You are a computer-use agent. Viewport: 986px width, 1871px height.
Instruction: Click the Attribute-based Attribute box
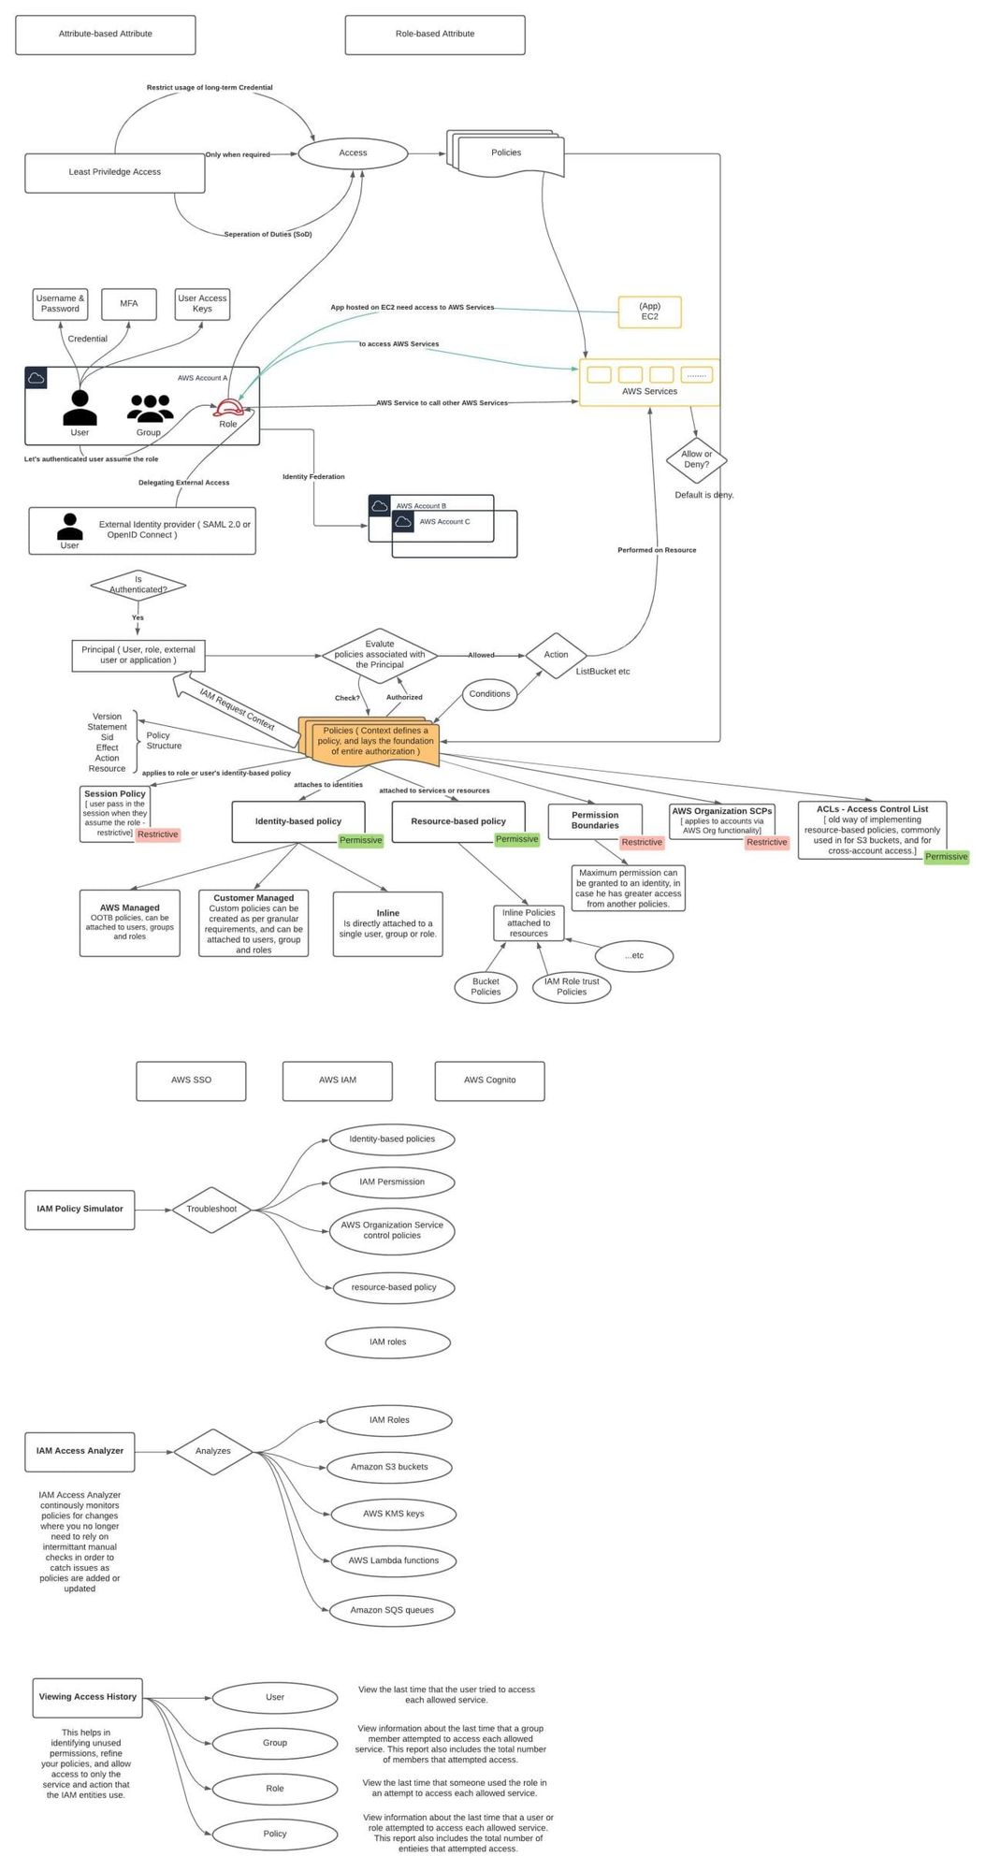pos(105,35)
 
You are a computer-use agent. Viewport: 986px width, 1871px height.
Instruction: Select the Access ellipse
pos(353,153)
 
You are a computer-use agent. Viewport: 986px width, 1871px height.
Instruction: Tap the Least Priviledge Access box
pos(114,173)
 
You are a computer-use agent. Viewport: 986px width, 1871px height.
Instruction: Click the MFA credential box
pos(129,304)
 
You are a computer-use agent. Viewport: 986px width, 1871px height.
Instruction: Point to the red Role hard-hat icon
pos(228,409)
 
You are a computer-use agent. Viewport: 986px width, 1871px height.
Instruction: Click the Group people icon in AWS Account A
pos(150,409)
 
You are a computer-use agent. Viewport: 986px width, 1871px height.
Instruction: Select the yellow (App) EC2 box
pos(649,312)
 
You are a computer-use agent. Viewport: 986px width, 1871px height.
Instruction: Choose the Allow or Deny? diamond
pos(696,460)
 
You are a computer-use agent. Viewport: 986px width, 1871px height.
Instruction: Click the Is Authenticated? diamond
pos(138,586)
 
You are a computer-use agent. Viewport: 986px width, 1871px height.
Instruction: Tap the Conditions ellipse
pos(489,694)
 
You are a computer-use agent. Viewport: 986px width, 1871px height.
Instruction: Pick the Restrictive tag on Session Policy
pos(157,834)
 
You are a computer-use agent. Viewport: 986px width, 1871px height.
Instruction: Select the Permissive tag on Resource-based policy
pos(516,839)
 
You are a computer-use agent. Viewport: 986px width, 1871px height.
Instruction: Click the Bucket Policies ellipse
pos(486,987)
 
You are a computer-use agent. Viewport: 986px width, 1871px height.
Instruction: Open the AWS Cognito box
pos(489,1081)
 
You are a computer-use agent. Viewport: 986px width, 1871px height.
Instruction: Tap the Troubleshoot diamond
pos(211,1210)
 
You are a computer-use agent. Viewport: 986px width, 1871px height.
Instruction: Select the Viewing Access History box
pos(87,1697)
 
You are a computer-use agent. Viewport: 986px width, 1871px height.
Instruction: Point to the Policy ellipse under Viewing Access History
pos(274,1834)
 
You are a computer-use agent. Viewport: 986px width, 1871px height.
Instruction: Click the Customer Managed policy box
pos(254,923)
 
